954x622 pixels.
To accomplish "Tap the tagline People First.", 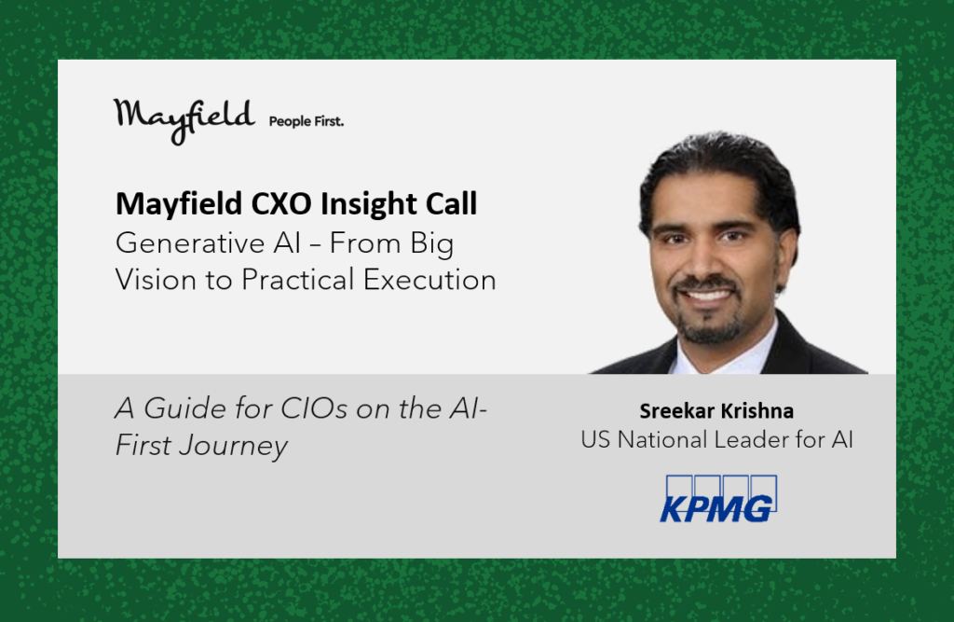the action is [306, 121].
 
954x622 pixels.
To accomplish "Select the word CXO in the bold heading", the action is [281, 203].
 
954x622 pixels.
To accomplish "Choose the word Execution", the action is [429, 280].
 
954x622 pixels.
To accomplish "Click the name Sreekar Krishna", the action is [716, 411].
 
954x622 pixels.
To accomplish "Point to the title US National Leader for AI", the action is [716, 439].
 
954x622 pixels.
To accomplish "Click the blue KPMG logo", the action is [718, 499].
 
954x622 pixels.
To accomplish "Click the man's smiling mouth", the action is [707, 296].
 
